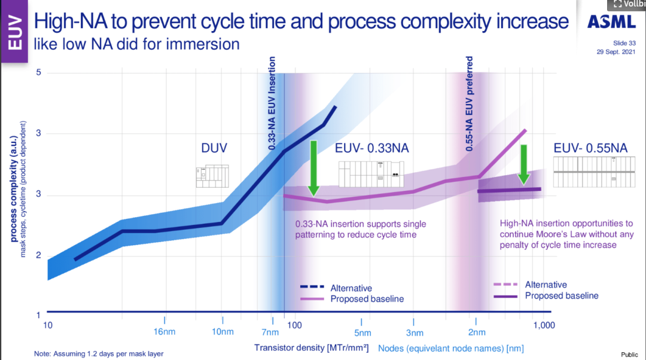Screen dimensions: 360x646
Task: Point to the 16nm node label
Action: click(164, 332)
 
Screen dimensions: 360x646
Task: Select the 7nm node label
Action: click(270, 332)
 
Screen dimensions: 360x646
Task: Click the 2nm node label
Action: click(476, 332)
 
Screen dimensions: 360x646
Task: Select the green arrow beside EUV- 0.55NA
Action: click(523, 164)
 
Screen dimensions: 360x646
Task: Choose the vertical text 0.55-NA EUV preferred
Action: click(470, 103)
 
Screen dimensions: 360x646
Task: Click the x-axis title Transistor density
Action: click(311, 347)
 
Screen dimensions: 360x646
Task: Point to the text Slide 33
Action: click(624, 43)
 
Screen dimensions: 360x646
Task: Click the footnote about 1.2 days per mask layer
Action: click(99, 353)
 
